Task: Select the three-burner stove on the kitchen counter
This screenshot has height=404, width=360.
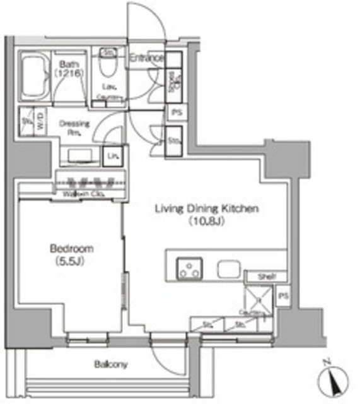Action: point(188,269)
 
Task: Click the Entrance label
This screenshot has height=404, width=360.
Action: point(146,58)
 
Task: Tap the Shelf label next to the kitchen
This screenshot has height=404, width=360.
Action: point(264,276)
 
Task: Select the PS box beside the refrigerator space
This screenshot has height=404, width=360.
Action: point(283,296)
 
